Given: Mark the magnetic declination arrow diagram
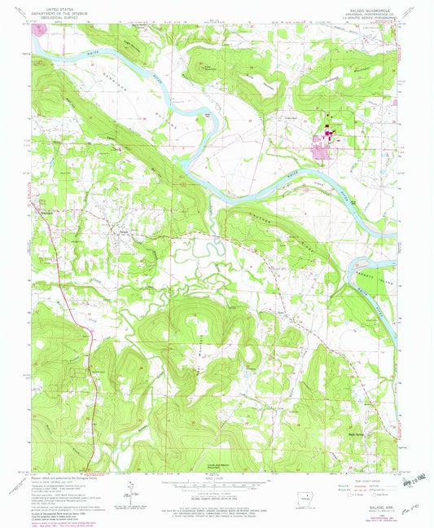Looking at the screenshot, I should (130, 486).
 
